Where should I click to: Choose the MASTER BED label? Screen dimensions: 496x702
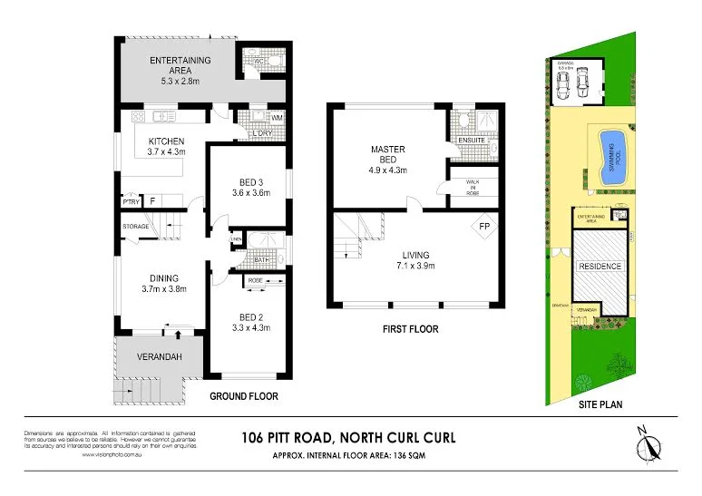click(387, 154)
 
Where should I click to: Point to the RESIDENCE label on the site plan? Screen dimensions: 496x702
click(600, 266)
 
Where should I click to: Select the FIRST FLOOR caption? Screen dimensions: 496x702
click(410, 329)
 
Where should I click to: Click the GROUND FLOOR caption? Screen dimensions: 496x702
click(244, 396)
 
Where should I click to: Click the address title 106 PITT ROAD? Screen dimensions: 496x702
click(349, 438)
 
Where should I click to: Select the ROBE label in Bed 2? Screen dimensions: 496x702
click(255, 282)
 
